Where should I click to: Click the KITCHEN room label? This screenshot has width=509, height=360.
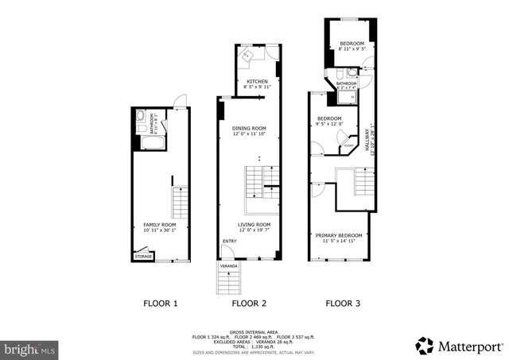pos(257,82)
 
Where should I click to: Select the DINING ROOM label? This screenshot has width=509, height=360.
pos(249,128)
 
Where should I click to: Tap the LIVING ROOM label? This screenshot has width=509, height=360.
pos(254,225)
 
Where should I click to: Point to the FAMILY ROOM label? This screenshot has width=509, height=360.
pos(160,225)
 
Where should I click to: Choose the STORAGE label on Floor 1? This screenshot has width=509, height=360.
pos(143,257)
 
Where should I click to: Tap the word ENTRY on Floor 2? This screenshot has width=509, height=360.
pos(230,241)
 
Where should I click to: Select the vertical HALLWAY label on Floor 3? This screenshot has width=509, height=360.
pos(367,141)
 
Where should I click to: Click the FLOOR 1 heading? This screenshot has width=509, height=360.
pos(160,303)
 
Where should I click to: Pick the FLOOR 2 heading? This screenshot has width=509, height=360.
pos(249,303)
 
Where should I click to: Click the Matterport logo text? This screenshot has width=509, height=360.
pos(470,346)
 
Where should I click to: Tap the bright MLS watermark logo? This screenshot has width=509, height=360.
pos(30,348)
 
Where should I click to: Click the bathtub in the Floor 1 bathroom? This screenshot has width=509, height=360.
pos(151,143)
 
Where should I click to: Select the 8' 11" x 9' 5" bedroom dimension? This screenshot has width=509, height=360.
pos(352,48)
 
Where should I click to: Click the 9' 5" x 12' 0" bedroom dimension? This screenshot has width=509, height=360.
pos(328,124)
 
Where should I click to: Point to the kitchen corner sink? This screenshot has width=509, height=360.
pos(248,56)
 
